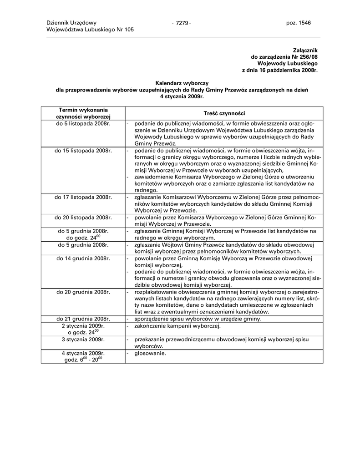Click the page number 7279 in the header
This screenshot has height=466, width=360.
point(181,23)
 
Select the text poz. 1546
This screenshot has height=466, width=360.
point(298,23)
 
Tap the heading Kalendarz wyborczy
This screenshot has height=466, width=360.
point(182,83)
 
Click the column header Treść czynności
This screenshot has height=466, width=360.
point(224,113)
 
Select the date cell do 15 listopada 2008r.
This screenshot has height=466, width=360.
point(83,151)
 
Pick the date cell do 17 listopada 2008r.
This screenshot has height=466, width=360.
point(83,198)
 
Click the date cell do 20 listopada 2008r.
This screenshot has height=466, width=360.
point(83,218)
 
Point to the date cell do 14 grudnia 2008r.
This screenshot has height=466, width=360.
point(83,258)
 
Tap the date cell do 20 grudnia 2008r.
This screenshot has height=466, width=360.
point(83,292)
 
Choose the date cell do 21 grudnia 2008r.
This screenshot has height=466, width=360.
point(83,319)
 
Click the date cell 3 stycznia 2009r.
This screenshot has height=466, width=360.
point(83,339)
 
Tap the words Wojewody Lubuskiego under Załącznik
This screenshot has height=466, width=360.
point(287,64)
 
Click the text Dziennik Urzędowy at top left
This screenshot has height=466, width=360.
point(71,23)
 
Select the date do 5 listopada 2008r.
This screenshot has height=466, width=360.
point(83,123)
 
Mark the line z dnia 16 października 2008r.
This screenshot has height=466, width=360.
point(279,71)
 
